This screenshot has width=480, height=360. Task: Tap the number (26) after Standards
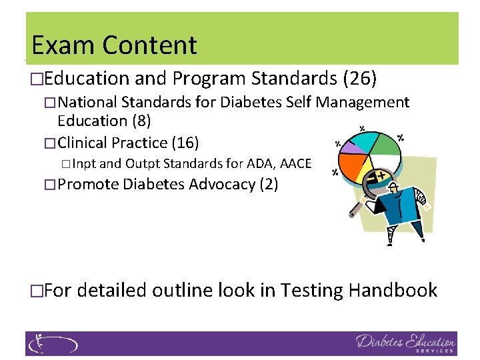click(x=359, y=79)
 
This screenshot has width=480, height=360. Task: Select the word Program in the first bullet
click(x=209, y=79)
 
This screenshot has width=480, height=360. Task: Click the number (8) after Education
click(x=141, y=121)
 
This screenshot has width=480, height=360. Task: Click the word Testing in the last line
click(x=311, y=290)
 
